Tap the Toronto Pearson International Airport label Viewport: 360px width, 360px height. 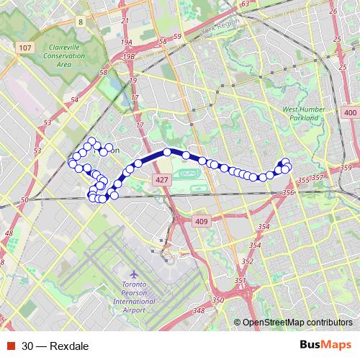pos(135,297)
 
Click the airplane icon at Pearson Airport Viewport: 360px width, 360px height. pos(135,274)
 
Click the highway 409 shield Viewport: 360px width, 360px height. pos(201,221)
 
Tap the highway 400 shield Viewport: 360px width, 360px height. pos(351,114)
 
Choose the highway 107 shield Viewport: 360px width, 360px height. pos(26,48)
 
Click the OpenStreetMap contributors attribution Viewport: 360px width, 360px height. pos(297,323)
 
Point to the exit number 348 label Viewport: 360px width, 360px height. pos(199,311)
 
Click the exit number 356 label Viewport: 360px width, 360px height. pos(290,193)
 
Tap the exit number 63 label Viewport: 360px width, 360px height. pos(244,4)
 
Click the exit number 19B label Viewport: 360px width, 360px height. pos(129,55)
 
